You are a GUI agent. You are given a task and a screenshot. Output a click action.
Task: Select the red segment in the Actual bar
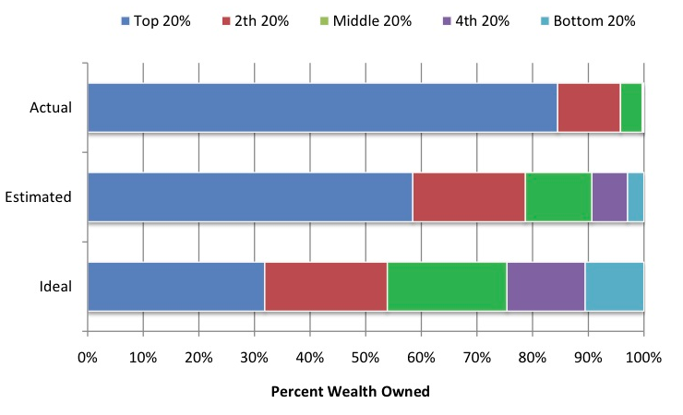click(x=589, y=107)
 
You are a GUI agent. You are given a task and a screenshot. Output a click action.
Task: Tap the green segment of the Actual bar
click(x=630, y=107)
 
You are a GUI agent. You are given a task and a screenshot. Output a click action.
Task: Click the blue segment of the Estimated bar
click(x=249, y=196)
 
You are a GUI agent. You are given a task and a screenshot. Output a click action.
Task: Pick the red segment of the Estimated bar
click(x=469, y=196)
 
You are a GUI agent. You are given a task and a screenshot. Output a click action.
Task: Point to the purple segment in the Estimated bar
click(x=609, y=196)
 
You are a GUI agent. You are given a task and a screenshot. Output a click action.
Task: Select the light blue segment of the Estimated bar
click(x=635, y=196)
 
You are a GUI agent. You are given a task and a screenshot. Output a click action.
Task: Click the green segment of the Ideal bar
click(x=447, y=286)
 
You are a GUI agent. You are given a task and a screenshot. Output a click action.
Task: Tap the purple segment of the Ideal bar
click(x=545, y=286)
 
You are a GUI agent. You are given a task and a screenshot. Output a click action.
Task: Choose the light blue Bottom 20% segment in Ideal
click(x=614, y=286)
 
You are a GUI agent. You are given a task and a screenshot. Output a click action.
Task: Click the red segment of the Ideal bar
click(x=326, y=286)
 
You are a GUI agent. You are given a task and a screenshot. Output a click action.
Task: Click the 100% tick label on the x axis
click(x=643, y=356)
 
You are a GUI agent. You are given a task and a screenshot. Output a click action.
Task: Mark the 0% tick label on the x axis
click(x=88, y=356)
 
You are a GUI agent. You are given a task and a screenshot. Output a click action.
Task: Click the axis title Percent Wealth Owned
click(x=350, y=391)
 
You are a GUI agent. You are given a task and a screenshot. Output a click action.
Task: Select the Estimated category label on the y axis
click(x=38, y=196)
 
